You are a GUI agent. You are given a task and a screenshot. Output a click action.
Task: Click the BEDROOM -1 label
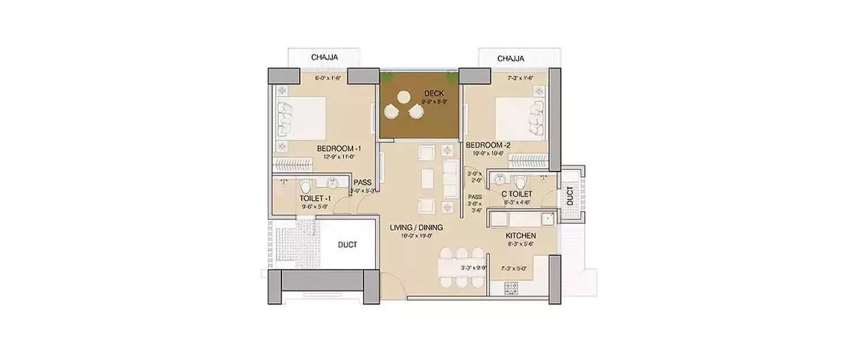(339, 149)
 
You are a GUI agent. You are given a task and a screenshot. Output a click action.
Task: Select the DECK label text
(434, 93)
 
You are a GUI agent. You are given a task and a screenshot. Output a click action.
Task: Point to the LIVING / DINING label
(416, 228)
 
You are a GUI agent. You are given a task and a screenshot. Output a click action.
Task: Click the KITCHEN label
(521, 236)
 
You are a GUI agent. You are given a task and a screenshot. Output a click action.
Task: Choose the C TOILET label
(518, 194)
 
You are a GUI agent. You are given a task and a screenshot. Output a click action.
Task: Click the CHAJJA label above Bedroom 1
(324, 58)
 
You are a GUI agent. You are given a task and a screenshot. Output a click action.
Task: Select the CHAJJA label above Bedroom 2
(510, 58)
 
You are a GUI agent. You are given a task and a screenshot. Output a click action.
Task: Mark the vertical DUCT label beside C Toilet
(570, 195)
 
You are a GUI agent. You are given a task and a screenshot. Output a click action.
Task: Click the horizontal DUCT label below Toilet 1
(347, 245)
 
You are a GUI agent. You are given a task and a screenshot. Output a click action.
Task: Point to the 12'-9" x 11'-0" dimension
(339, 156)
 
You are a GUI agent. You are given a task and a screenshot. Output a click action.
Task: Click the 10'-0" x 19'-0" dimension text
(416, 235)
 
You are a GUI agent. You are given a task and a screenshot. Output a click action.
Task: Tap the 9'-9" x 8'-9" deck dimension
(434, 101)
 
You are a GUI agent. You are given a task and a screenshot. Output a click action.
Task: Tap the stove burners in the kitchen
(512, 286)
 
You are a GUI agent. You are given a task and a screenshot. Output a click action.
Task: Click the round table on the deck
(404, 97)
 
